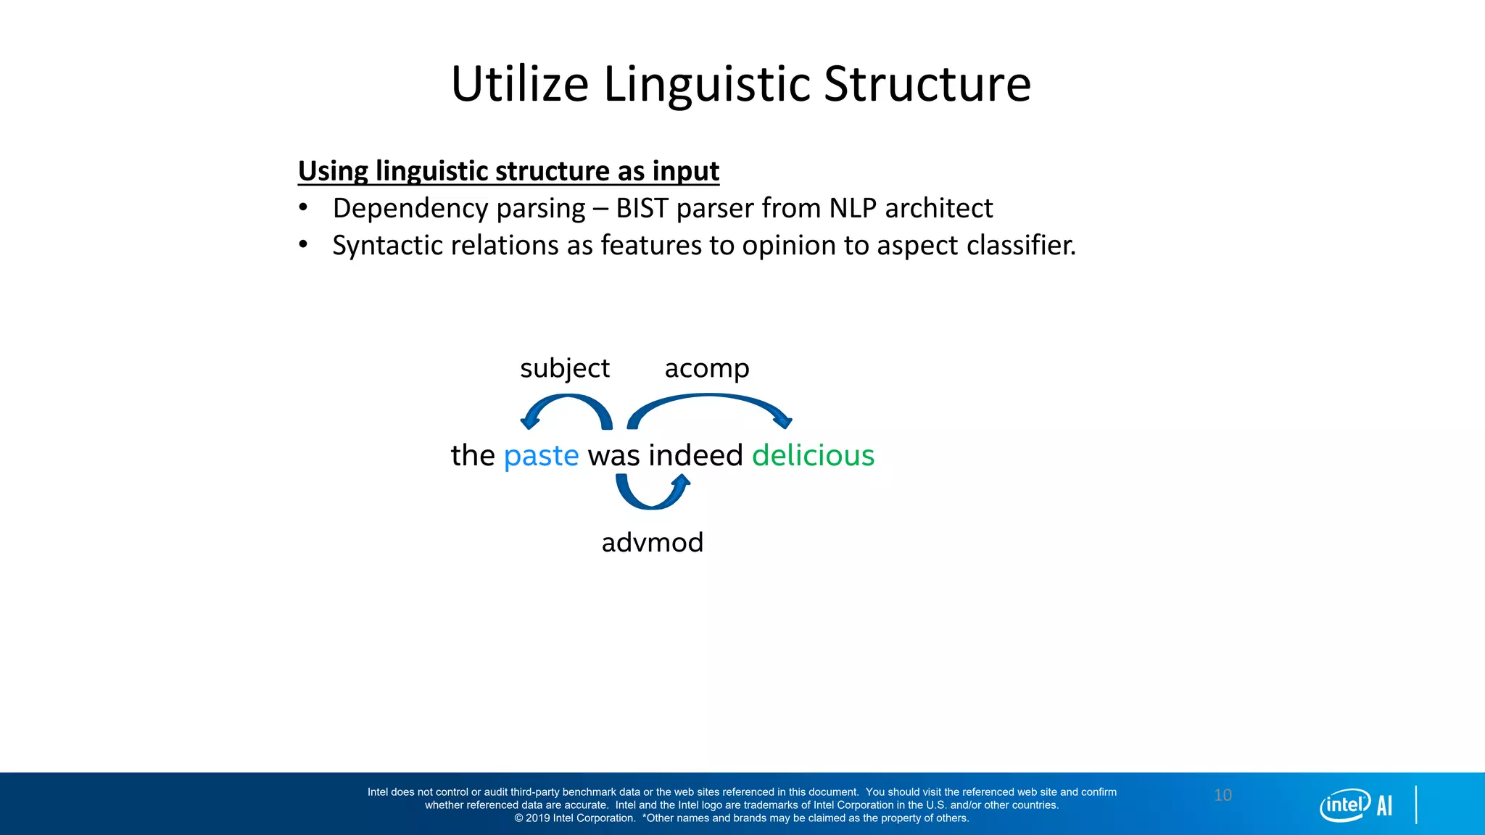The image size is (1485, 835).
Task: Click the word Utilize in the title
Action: pyautogui.click(x=519, y=84)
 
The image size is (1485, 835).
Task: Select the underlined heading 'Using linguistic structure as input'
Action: pyautogui.click(x=508, y=171)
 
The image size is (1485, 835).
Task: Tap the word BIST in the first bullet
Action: pyautogui.click(x=642, y=209)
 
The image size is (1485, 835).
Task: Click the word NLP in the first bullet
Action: pyautogui.click(x=853, y=209)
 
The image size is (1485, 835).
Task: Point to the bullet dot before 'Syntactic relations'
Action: pyautogui.click(x=303, y=245)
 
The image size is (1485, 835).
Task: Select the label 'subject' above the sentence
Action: pyautogui.click(x=565, y=368)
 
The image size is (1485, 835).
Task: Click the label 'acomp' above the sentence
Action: pyautogui.click(x=707, y=368)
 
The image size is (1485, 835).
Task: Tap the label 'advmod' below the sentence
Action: pyautogui.click(x=653, y=542)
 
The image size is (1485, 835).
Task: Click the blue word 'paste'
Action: pyautogui.click(x=541, y=456)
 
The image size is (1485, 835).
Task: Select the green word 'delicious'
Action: pyautogui.click(x=813, y=456)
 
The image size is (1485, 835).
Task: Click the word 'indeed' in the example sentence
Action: pyautogui.click(x=695, y=456)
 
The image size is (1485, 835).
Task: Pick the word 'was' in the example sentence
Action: pyautogui.click(x=613, y=456)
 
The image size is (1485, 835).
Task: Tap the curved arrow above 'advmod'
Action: pyautogui.click(x=652, y=497)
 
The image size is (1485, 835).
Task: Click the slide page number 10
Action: pyautogui.click(x=1223, y=795)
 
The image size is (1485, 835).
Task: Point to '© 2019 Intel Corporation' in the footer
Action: pyautogui.click(x=574, y=818)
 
